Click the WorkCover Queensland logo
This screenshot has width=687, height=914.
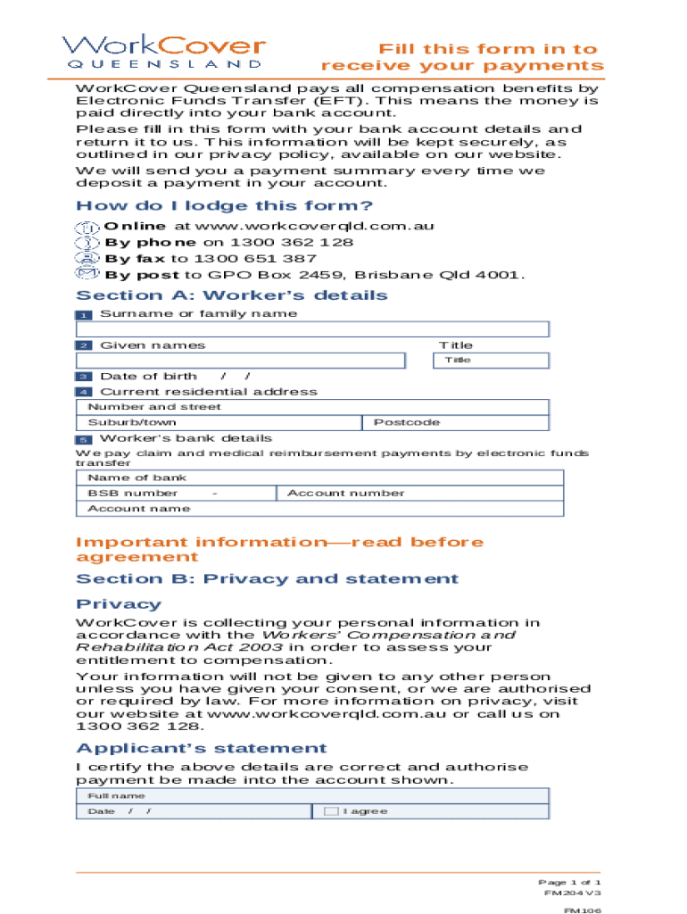click(x=164, y=52)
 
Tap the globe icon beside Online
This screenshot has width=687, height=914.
click(x=87, y=227)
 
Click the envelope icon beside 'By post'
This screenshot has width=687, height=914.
click(x=87, y=274)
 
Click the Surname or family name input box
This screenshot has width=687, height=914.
click(x=312, y=329)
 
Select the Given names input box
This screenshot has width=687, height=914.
click(x=241, y=361)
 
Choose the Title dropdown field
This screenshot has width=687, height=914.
click(x=491, y=360)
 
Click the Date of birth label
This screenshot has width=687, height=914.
click(x=148, y=377)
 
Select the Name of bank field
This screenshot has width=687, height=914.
click(x=320, y=478)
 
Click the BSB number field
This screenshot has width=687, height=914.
click(x=178, y=493)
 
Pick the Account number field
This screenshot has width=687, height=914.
click(x=420, y=493)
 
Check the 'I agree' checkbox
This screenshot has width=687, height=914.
click(x=331, y=811)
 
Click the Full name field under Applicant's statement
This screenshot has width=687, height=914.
click(x=312, y=795)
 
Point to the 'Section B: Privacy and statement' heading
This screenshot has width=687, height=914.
click(x=267, y=579)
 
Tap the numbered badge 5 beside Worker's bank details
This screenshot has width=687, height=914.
click(x=83, y=440)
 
